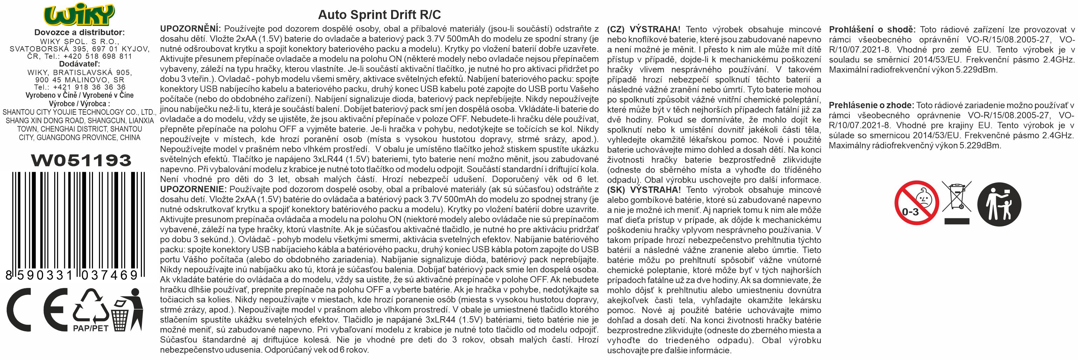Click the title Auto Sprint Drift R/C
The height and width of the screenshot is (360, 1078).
pyautogui.click(x=379, y=15)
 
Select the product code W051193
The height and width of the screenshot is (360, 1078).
pyautogui.click(x=81, y=160)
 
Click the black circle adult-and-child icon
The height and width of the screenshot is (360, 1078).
pyautogui.click(x=999, y=204)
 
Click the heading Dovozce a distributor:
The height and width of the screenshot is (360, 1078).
pyautogui.click(x=79, y=32)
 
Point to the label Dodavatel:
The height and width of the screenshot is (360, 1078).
pyautogui.click(x=79, y=64)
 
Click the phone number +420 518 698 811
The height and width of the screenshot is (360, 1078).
pyautogui.click(x=98, y=56)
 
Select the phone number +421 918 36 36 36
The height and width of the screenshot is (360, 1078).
pyautogui.click(x=89, y=87)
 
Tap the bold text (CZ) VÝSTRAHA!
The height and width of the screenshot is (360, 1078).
pyautogui.click(x=643, y=29)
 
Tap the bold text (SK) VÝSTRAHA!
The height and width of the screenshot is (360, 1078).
pyautogui.click(x=643, y=190)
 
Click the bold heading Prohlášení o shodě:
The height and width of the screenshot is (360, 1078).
pyautogui.click(x=872, y=29)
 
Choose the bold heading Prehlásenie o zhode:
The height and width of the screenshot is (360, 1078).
pyautogui.click(x=871, y=105)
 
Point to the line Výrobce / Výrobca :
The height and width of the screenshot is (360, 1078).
pyautogui.click(x=79, y=104)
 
